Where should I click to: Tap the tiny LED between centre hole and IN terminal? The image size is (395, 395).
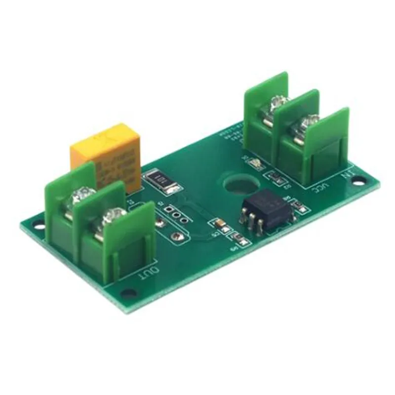[x=255, y=163]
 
